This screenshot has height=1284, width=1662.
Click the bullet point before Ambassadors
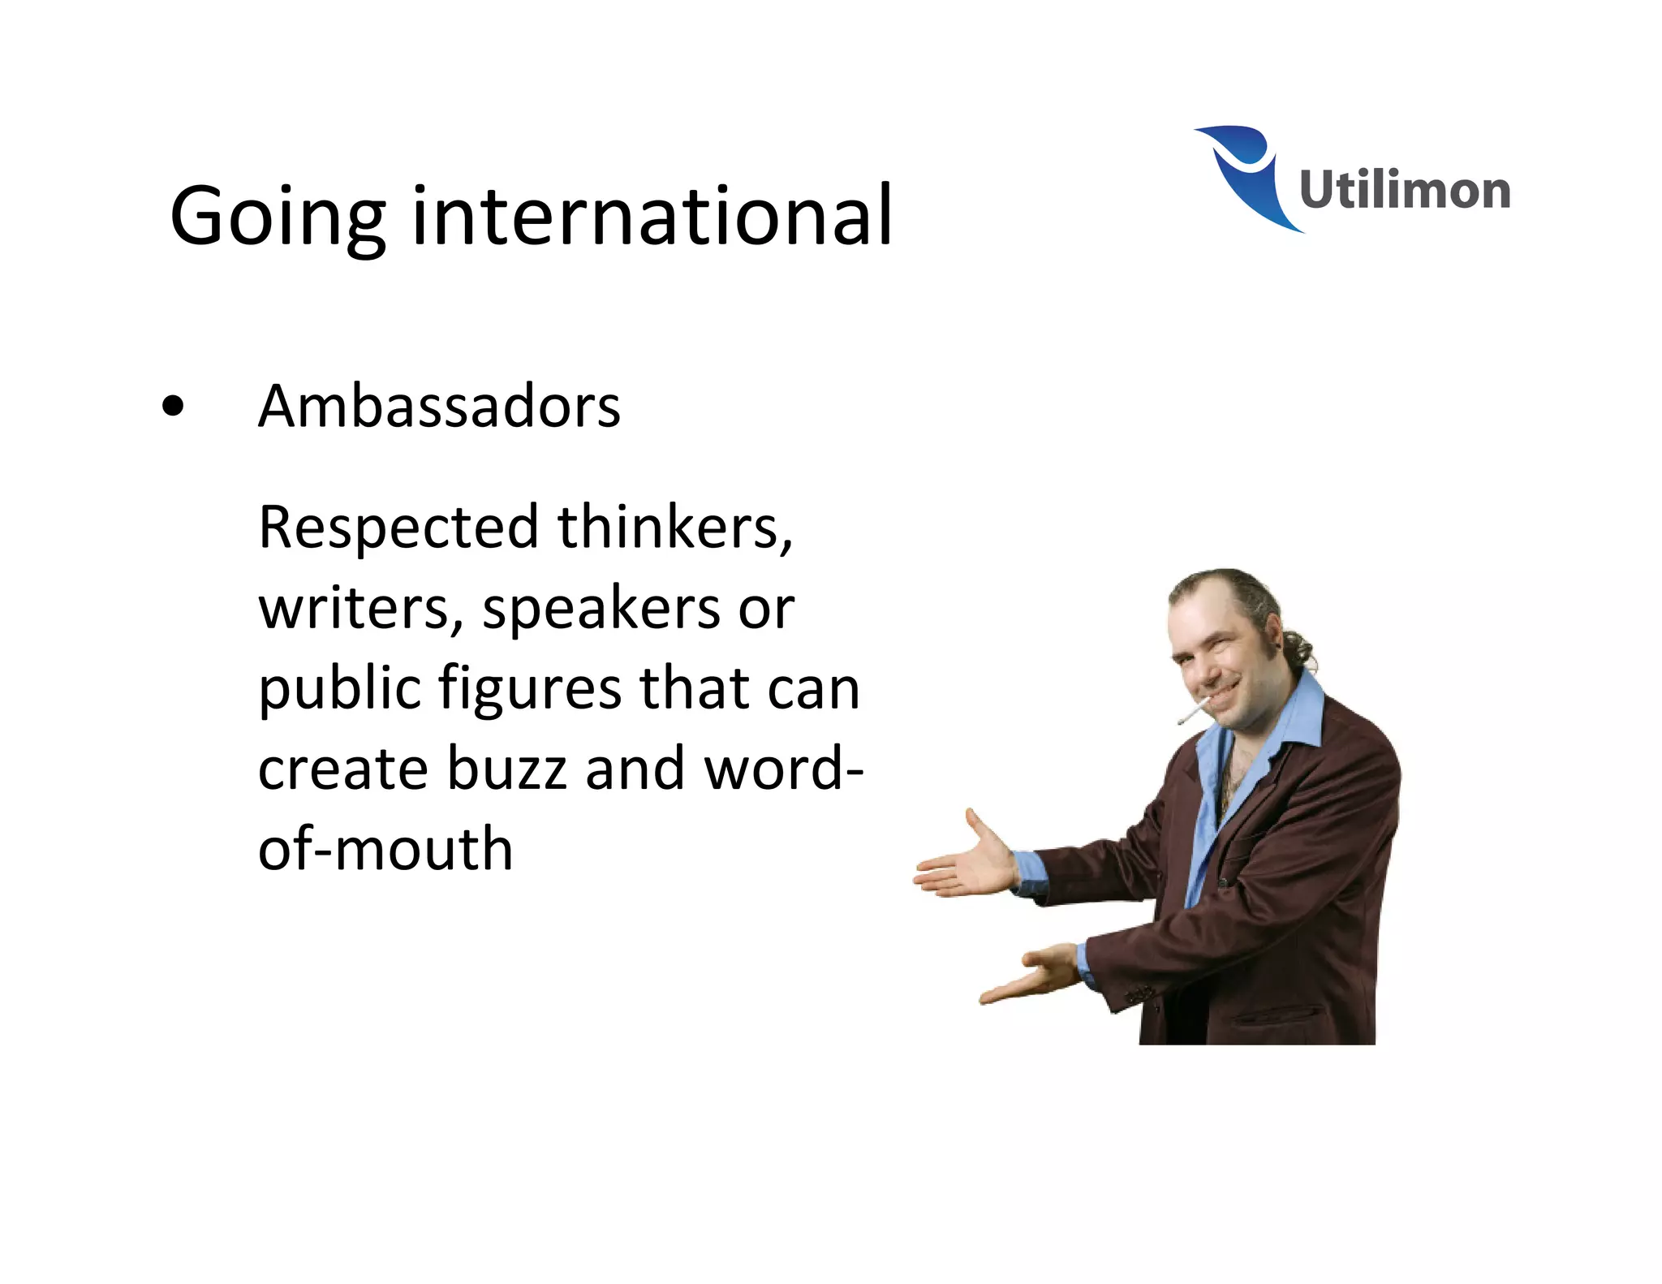pyautogui.click(x=173, y=407)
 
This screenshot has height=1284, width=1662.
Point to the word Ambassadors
pyautogui.click(x=439, y=406)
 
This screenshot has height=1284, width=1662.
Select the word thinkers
pyautogui.click(x=674, y=528)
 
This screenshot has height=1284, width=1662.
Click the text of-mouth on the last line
pyautogui.click(x=385, y=849)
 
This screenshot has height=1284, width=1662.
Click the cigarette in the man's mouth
pyautogui.click(x=1191, y=714)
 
